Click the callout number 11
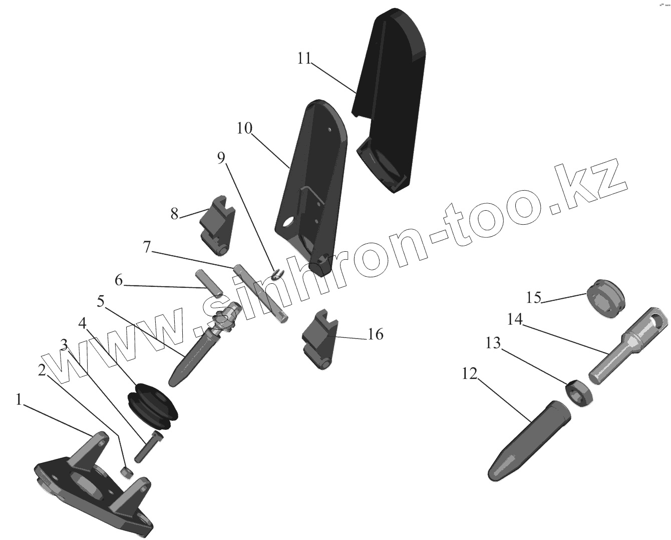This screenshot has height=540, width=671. coord(304,58)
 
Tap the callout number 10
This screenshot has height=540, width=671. coord(244,128)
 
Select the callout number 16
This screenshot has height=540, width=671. coord(376,334)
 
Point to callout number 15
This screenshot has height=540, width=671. coord(533,298)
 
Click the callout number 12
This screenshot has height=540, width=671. coord(471,373)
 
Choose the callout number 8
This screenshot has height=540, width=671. coord(174,214)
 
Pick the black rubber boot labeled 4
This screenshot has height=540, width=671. coord(153,405)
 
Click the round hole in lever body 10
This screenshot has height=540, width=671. coord(288,222)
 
